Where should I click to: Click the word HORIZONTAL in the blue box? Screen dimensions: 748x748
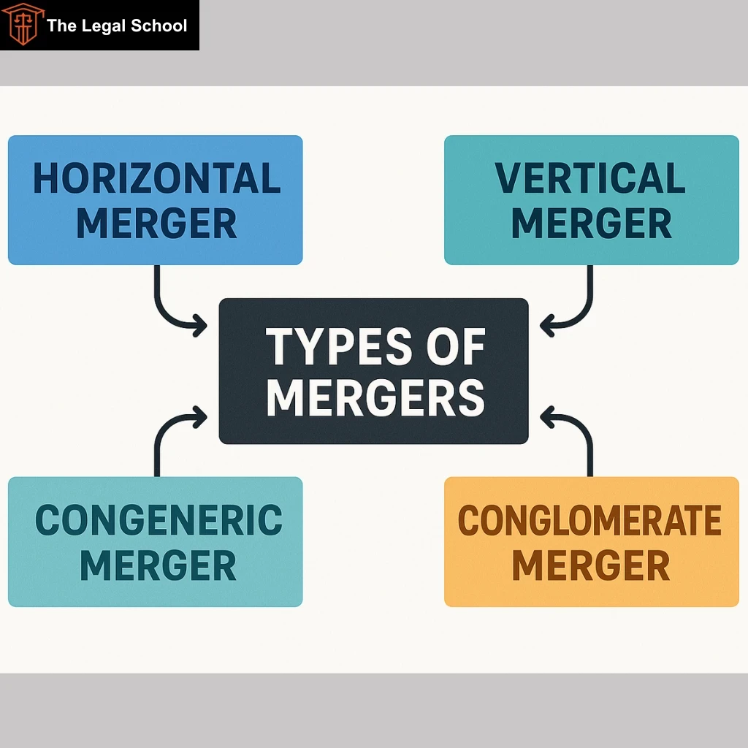156,178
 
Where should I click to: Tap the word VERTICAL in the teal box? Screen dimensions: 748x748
590,178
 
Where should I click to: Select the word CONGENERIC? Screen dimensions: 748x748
159,519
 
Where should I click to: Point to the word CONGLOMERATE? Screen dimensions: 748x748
589,519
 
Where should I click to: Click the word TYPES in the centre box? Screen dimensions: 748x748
339,346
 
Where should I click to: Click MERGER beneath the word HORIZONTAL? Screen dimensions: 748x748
156,224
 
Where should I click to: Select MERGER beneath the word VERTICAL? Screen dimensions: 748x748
592,224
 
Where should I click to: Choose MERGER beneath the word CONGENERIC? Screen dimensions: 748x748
158,565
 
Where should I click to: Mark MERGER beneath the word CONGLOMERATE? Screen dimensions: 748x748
591,565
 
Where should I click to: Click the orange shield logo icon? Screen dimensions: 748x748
23,24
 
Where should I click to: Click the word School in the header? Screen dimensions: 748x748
159,26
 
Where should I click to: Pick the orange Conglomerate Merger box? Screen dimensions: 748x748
592,541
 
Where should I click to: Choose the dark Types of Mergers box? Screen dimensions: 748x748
373,371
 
